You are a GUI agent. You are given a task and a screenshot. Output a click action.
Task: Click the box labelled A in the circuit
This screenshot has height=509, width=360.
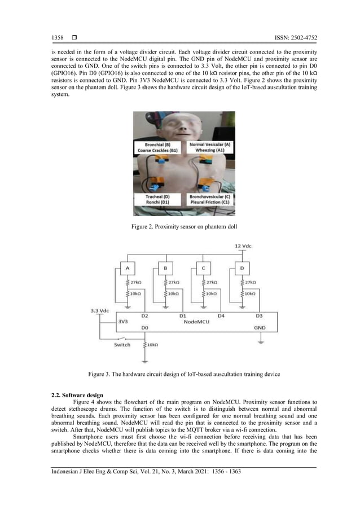(128, 268)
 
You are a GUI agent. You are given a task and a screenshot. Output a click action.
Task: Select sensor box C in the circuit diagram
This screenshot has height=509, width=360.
(202, 268)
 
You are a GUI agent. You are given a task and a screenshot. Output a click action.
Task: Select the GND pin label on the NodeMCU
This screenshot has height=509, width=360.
(260, 327)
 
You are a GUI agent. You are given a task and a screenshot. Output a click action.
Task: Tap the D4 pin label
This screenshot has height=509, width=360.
(221, 315)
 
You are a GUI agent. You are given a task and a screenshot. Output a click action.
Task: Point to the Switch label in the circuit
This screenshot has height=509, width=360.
(122, 344)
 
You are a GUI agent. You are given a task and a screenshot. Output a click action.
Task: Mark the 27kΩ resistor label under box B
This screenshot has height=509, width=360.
(173, 282)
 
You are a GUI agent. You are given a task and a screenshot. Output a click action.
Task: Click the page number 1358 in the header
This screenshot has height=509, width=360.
(58, 38)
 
